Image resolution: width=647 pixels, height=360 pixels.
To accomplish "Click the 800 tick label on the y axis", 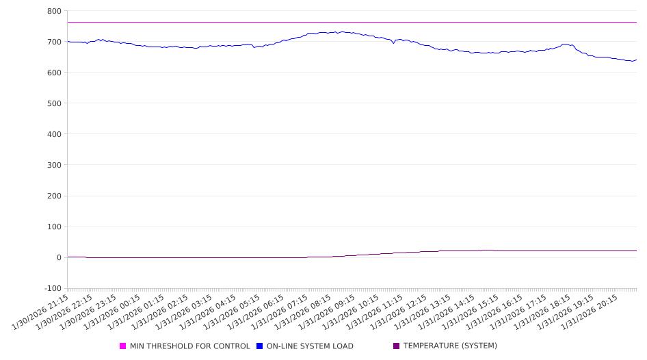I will pos(54,11).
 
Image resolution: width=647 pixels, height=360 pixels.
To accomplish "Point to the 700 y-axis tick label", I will pos(54,42).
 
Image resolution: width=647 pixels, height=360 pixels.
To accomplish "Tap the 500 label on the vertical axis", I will pos(54,103).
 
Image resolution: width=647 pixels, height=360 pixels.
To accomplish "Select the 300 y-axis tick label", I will pos(54,165).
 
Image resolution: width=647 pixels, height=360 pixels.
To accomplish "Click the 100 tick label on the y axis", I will pos(54,227).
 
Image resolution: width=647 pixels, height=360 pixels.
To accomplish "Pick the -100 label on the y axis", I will pos(52,288).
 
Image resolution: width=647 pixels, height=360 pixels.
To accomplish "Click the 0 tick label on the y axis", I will pos(59,257).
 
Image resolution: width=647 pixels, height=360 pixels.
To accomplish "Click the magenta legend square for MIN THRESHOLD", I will pos(123,346).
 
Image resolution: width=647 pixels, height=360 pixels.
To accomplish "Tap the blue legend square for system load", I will pos(260,346).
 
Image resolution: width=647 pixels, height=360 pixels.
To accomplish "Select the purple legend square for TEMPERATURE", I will pos(397,346).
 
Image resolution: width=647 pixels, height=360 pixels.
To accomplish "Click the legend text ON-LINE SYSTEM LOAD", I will pos(310,346).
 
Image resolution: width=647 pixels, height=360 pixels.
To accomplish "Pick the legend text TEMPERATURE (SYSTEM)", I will pos(450,346).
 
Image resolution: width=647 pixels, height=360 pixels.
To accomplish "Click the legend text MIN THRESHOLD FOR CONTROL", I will pos(190,346).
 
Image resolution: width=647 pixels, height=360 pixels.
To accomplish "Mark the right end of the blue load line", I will pos(636,60).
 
